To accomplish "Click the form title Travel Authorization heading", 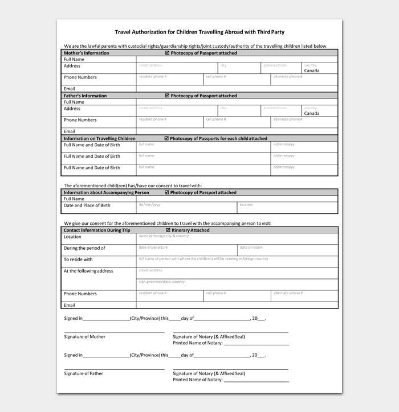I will pos(199,32).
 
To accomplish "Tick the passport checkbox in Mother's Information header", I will pos(167,53).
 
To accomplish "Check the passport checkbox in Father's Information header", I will pos(167,96).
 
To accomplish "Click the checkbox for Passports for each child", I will pos(166,138).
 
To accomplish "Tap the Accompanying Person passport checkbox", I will pos(167,193).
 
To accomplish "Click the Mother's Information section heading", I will pos(86,53).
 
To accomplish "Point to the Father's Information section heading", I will pos(85,96).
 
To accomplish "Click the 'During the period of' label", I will pos(84,248).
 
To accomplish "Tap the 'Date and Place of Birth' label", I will pos(87,205).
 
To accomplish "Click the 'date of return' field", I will pos(287,249).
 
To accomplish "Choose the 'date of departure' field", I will pos(186,249).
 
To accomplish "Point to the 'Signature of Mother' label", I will pos(84,337).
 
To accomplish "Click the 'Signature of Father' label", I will pos(84,373).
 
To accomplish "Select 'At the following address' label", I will pos(88,271).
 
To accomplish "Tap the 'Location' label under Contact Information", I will pos(72,237).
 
